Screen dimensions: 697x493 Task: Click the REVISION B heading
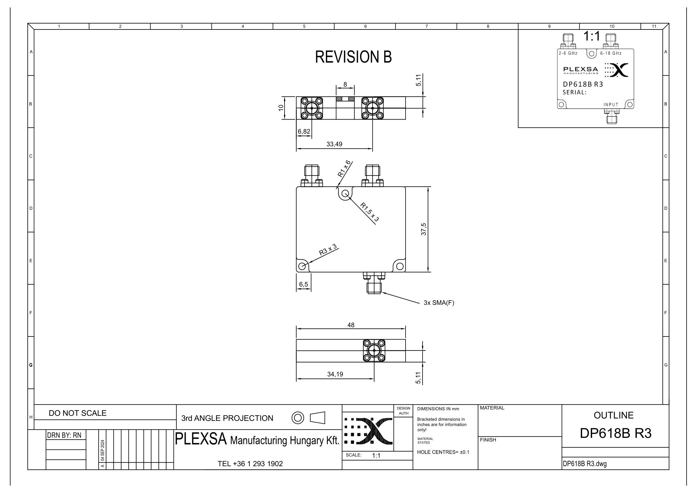tap(353, 57)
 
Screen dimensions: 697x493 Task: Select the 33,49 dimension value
tap(334, 144)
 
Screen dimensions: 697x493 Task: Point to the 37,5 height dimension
tap(424, 229)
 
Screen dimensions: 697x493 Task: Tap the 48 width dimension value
tap(351, 325)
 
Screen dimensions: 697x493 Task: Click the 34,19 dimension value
tap(335, 374)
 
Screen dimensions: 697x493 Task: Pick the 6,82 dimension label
tap(304, 131)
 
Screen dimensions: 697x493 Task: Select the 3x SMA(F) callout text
tap(439, 303)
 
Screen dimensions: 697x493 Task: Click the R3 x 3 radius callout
tap(328, 249)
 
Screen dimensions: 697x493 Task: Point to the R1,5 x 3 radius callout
tap(370, 212)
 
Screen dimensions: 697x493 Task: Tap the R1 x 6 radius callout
tap(344, 169)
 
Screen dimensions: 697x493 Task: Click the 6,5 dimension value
tap(304, 284)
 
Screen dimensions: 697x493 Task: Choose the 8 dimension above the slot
tap(345, 84)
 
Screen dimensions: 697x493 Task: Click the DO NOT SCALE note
tap(78, 413)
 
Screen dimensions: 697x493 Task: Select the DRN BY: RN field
tap(64, 435)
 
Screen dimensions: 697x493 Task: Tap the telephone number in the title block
tap(250, 463)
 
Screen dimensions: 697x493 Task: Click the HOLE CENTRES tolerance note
tap(443, 452)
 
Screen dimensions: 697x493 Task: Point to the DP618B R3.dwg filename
tap(585, 464)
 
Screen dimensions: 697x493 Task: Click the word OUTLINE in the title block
tap(614, 415)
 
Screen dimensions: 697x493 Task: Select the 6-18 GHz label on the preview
tap(611, 53)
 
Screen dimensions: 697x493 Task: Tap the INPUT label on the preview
tap(611, 105)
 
